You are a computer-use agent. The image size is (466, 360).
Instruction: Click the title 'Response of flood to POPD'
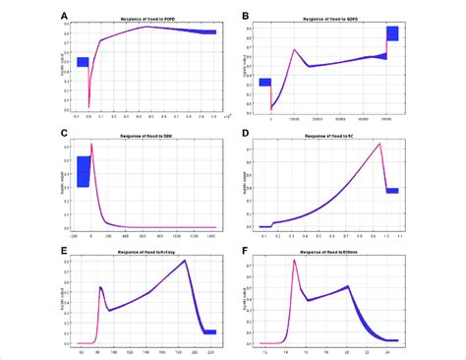[x=147, y=20]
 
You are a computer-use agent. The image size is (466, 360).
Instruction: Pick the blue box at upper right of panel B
[x=392, y=33]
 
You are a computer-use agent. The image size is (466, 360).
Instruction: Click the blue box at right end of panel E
[x=209, y=331]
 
